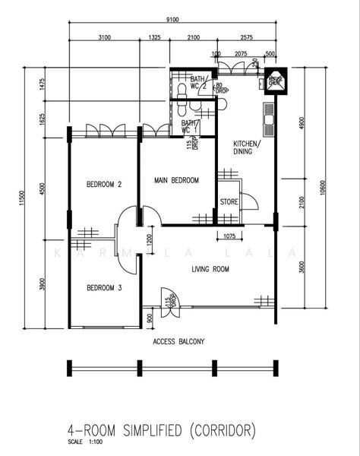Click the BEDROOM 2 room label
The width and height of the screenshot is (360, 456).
pyautogui.click(x=104, y=184)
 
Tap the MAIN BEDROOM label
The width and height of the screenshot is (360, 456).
pyautogui.click(x=176, y=180)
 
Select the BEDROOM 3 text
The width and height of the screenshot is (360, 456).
pyautogui.click(x=104, y=287)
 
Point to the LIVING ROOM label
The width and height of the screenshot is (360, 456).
pyautogui.click(x=210, y=268)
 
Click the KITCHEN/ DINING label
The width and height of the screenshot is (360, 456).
pyautogui.click(x=247, y=147)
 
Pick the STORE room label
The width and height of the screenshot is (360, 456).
pyautogui.click(x=229, y=202)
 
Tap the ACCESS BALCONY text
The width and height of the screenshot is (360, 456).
pyautogui.click(x=178, y=342)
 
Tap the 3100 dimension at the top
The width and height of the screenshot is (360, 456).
pyautogui.click(x=105, y=37)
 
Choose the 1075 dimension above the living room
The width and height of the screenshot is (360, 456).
pyautogui.click(x=234, y=236)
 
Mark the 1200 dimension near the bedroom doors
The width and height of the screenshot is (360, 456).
pyautogui.click(x=149, y=242)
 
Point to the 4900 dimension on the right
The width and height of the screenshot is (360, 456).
pyautogui.click(x=302, y=122)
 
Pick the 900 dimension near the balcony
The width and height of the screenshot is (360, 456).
pyautogui.click(x=149, y=319)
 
